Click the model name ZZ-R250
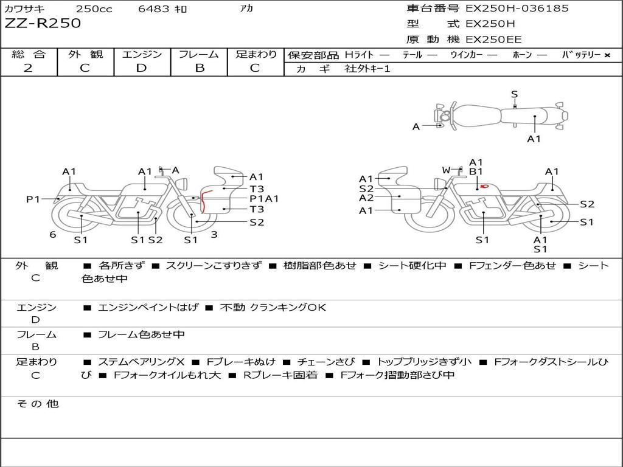tap(43, 24)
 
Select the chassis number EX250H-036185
tap(517, 9)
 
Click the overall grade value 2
tap(28, 67)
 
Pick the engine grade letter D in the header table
tap(141, 67)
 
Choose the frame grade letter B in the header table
tap(200, 67)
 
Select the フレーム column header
tap(199, 54)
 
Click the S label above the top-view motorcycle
tap(514, 94)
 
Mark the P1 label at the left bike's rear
tap(33, 199)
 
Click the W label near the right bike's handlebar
tap(446, 170)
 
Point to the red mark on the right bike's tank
tap(484, 186)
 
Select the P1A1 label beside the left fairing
tap(264, 198)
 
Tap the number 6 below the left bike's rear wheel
tap(53, 234)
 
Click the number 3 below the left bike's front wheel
tap(214, 233)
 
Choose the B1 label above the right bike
tap(475, 172)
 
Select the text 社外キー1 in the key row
tap(367, 69)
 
